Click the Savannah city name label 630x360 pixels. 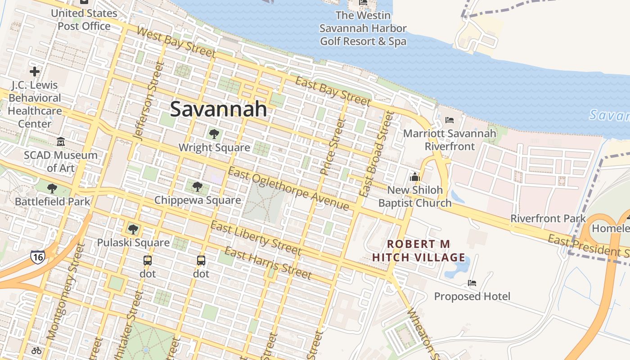[x=219, y=109]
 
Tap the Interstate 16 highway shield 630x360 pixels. [x=38, y=257]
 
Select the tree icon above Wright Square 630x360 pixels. [x=214, y=134]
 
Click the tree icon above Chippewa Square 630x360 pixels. [x=197, y=186]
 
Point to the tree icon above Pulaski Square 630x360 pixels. [x=133, y=229]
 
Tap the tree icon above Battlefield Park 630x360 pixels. [x=52, y=188]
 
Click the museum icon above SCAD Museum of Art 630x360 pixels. [x=61, y=142]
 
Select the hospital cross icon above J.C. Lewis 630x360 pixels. [x=35, y=72]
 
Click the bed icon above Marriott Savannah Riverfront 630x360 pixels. [x=449, y=120]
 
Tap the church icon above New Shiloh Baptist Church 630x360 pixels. [x=415, y=176]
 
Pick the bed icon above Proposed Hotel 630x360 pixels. [x=472, y=283]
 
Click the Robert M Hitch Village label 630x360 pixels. [x=419, y=251]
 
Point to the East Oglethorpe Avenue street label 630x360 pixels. [x=288, y=189]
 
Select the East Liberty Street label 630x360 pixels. [x=256, y=238]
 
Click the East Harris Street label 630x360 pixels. [x=268, y=263]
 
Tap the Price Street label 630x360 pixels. [x=332, y=146]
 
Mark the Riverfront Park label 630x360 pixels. [x=548, y=219]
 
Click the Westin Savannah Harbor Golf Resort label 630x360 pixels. [x=363, y=28]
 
